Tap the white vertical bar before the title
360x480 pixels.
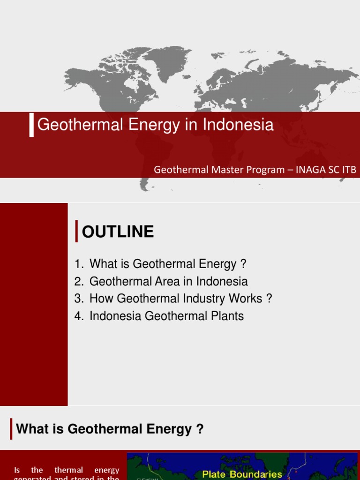tap(31, 125)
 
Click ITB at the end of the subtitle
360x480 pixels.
tap(349, 170)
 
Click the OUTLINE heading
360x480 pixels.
tap(118, 232)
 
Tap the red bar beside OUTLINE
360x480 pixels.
tap(76, 232)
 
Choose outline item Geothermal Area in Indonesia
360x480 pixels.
tap(168, 281)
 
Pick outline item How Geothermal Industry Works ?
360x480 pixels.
tap(180, 299)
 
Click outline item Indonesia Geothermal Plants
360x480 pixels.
tap(166, 316)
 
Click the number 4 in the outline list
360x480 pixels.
tap(77, 316)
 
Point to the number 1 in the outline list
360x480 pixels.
tap(77, 264)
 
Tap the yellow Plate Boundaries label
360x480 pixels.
tap(242, 474)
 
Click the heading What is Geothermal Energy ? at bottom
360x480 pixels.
tap(110, 429)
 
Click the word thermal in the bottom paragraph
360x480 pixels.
tap(68, 470)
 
